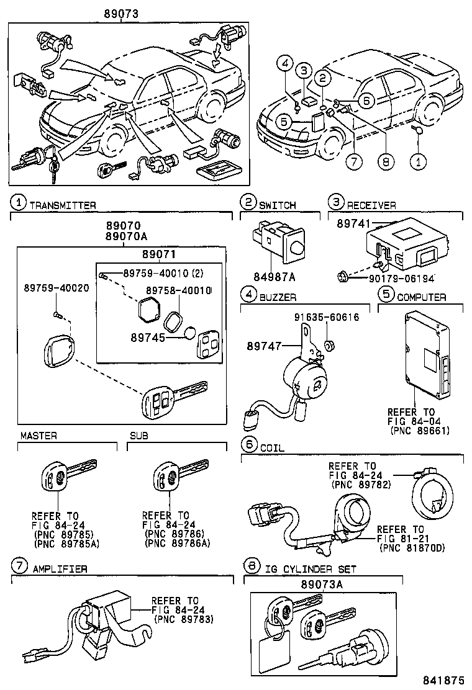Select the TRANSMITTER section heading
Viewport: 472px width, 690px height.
pyautogui.click(x=63, y=205)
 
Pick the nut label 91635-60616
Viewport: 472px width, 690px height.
pyautogui.click(x=327, y=317)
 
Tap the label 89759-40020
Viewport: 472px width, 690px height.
pyautogui.click(x=57, y=288)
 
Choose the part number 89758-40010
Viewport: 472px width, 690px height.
pyautogui.click(x=179, y=290)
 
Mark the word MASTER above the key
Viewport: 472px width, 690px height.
pyautogui.click(x=39, y=436)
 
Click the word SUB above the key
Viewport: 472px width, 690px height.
pyautogui.click(x=138, y=436)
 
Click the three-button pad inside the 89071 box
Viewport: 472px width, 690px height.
pyautogui.click(x=203, y=340)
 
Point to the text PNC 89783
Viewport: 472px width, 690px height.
pyautogui.click(x=184, y=619)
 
